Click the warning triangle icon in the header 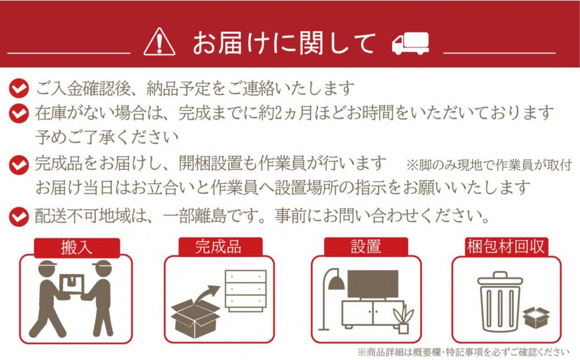tap(159, 42)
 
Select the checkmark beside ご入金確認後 tap(19, 89)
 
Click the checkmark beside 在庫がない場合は tap(19, 112)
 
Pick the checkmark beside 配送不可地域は tap(19, 217)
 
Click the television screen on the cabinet tap(372, 284)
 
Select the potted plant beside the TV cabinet tap(403, 319)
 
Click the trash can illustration tap(499, 301)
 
